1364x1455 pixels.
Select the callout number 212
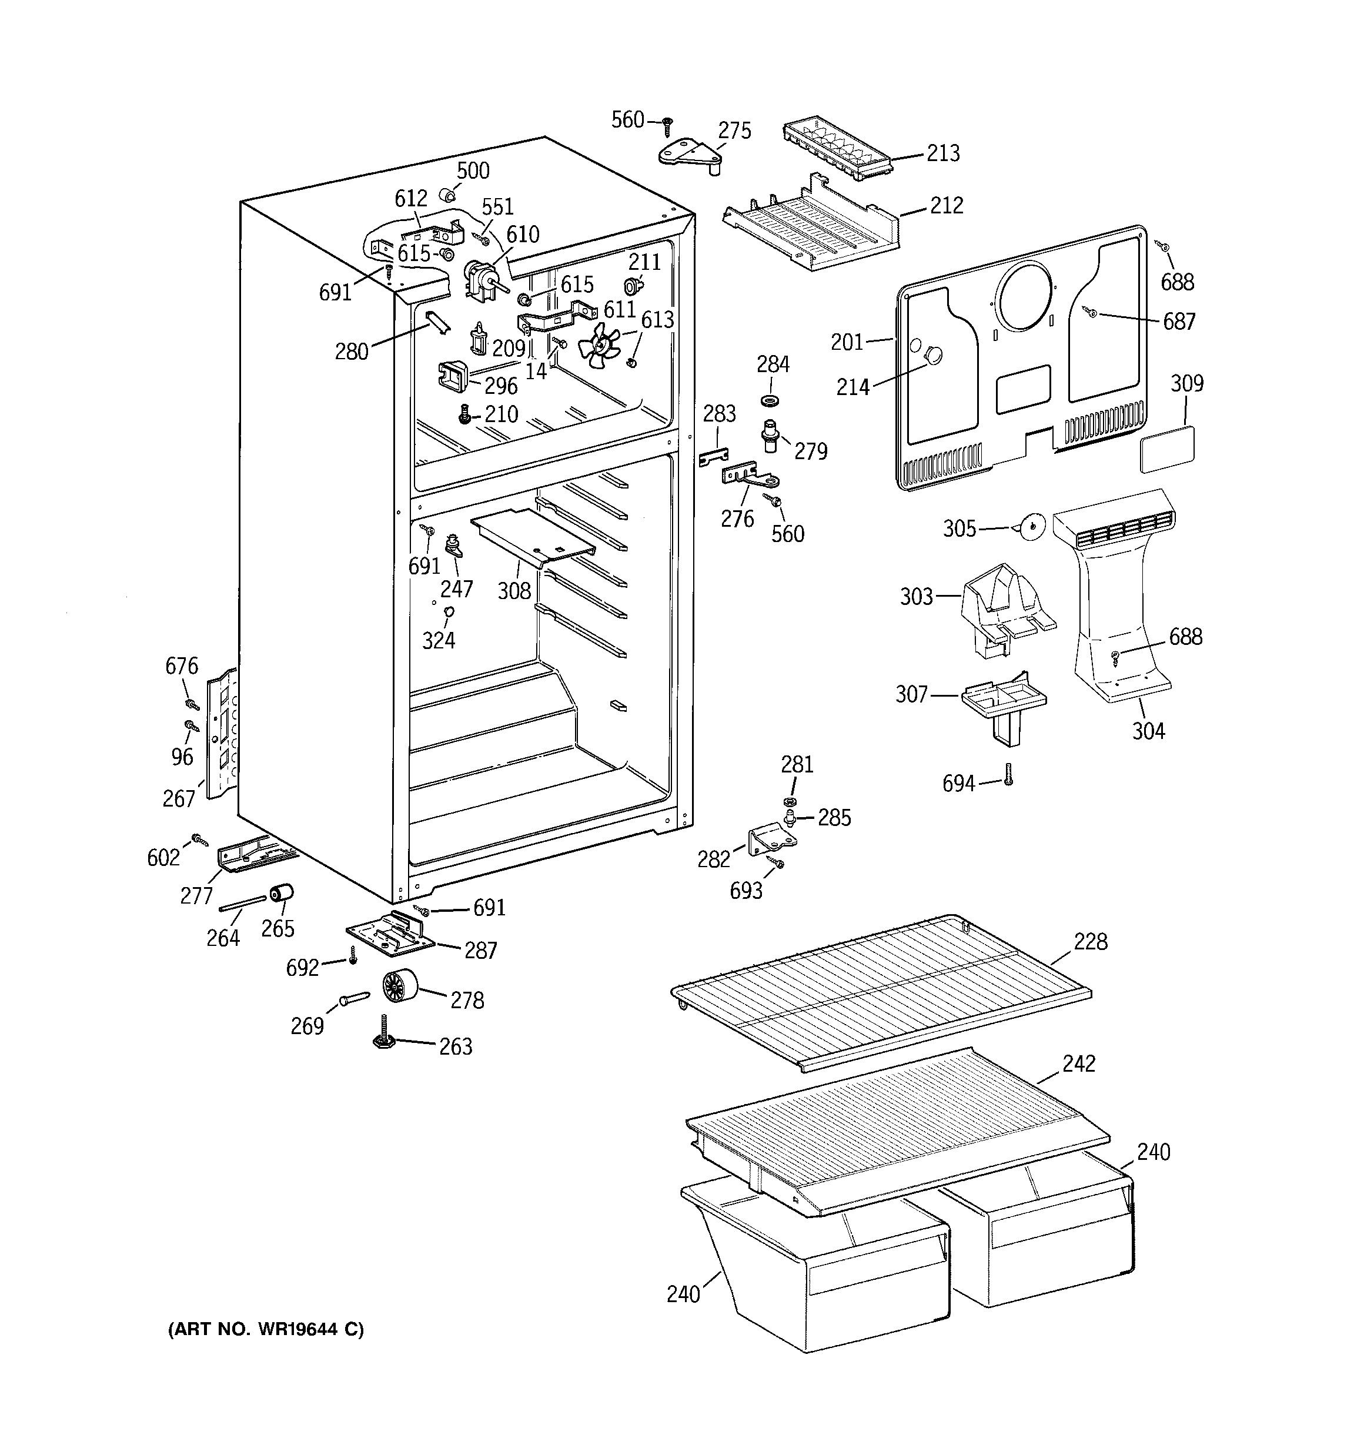click(x=947, y=205)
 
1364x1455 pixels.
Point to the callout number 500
click(x=473, y=170)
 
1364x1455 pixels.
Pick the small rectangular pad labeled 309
click(x=1167, y=448)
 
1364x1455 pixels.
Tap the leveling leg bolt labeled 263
click(x=384, y=1034)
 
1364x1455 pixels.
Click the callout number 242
click(x=1078, y=1063)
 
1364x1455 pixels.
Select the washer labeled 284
click(x=770, y=401)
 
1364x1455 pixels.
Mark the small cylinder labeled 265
click(x=281, y=894)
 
